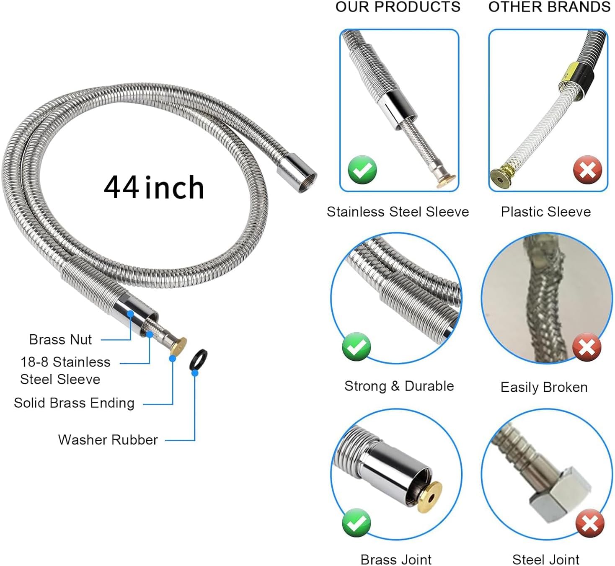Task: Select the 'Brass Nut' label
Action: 60,339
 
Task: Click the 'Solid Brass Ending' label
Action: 74,403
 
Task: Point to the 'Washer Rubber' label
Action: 108,439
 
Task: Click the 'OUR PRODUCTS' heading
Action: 398,7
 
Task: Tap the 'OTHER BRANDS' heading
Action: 549,7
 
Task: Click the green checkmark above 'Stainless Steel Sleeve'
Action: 362,169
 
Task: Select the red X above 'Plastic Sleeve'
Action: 587,170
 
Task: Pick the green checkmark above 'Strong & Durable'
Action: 356,346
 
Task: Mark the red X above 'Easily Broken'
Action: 587,347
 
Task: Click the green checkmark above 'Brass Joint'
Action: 356,522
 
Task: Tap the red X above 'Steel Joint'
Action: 590,523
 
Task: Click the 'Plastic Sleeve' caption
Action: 545,212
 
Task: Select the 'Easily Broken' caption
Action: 544,387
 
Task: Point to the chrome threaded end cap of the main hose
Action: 297,173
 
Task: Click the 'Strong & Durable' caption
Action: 399,386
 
